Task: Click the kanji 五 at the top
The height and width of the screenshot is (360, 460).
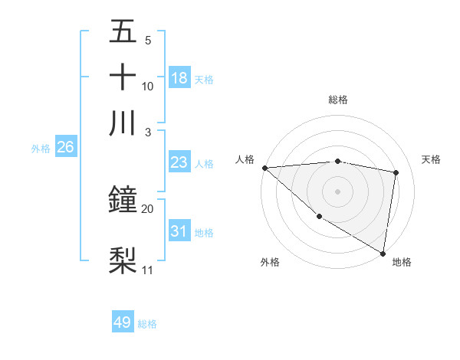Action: click(123, 31)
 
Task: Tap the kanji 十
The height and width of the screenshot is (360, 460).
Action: click(123, 77)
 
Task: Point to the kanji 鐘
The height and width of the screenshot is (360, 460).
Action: click(123, 201)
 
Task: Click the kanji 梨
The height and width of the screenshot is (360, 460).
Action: click(123, 260)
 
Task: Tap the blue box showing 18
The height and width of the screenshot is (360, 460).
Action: click(179, 78)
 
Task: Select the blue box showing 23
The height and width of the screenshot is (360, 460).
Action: click(179, 162)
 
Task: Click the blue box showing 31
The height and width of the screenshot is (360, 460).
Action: click(179, 231)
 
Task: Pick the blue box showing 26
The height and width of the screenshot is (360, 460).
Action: click(65, 148)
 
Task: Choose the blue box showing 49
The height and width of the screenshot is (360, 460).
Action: click(123, 322)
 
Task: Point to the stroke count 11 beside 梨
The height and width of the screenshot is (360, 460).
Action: click(147, 270)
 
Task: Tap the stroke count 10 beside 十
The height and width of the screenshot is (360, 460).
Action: click(147, 86)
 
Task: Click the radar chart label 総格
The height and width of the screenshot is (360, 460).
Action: click(338, 100)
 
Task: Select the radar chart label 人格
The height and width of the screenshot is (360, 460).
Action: click(245, 159)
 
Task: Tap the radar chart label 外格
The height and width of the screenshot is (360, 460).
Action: click(270, 262)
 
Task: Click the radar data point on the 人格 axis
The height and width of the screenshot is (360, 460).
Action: click(264, 168)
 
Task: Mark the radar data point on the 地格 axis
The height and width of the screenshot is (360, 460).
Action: click(383, 253)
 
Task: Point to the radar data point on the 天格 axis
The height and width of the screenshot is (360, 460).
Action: click(396, 172)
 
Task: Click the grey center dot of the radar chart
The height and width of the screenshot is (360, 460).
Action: click(338, 191)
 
